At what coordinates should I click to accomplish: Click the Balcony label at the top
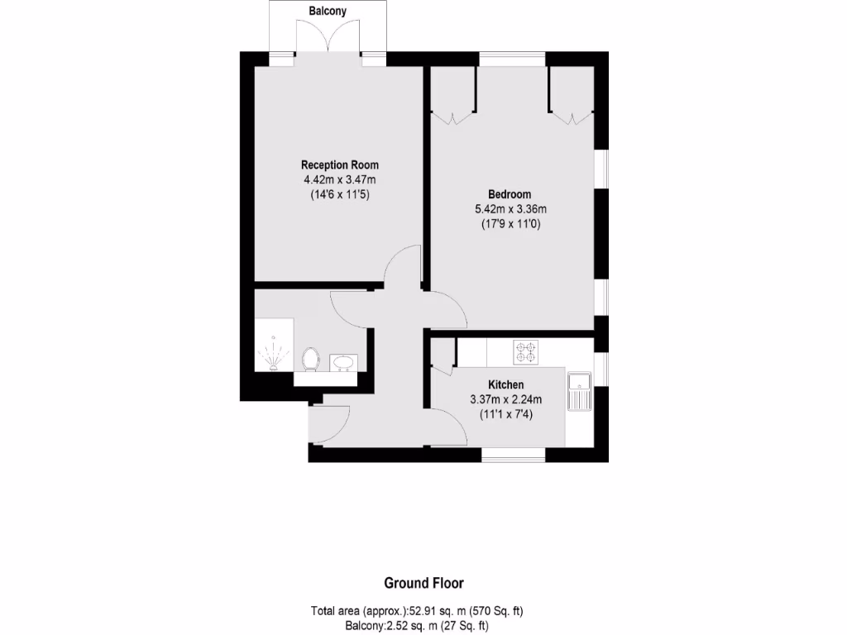tap(328, 12)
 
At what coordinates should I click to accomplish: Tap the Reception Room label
tap(340, 165)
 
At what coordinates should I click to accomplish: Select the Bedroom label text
tap(510, 194)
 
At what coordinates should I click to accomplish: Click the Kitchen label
tap(505, 385)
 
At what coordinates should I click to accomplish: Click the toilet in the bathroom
tap(311, 359)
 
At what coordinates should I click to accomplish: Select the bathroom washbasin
tap(342, 361)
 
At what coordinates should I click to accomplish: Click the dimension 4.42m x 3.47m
tap(340, 179)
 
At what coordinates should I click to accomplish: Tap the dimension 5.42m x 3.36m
tap(510, 209)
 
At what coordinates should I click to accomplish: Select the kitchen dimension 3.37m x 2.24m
tap(505, 400)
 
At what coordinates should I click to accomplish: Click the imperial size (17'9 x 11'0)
tap(510, 224)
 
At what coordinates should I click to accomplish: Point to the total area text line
tap(417, 611)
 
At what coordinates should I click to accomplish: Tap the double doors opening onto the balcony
tap(330, 37)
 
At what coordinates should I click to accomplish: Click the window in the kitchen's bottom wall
tap(513, 454)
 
